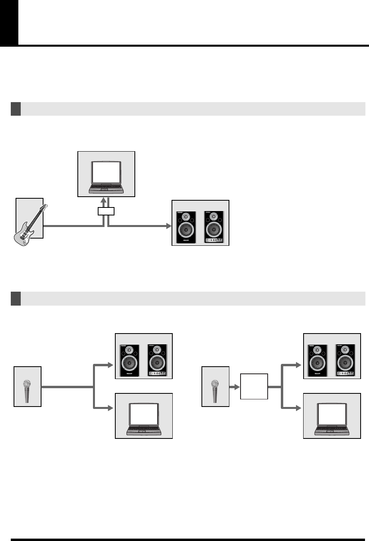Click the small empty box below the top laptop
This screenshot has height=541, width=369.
106,211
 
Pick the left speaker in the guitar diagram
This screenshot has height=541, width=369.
186,227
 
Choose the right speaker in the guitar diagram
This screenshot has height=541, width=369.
214,227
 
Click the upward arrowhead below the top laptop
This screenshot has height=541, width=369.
104,200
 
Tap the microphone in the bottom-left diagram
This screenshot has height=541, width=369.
27,391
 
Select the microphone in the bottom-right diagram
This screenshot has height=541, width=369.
215,391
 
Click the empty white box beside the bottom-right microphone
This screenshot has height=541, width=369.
254,386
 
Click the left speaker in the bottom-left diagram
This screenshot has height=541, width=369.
129,361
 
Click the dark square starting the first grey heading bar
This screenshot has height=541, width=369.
16,109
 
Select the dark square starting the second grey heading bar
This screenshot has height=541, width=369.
16,298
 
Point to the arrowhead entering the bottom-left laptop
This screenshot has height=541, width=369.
111,408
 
